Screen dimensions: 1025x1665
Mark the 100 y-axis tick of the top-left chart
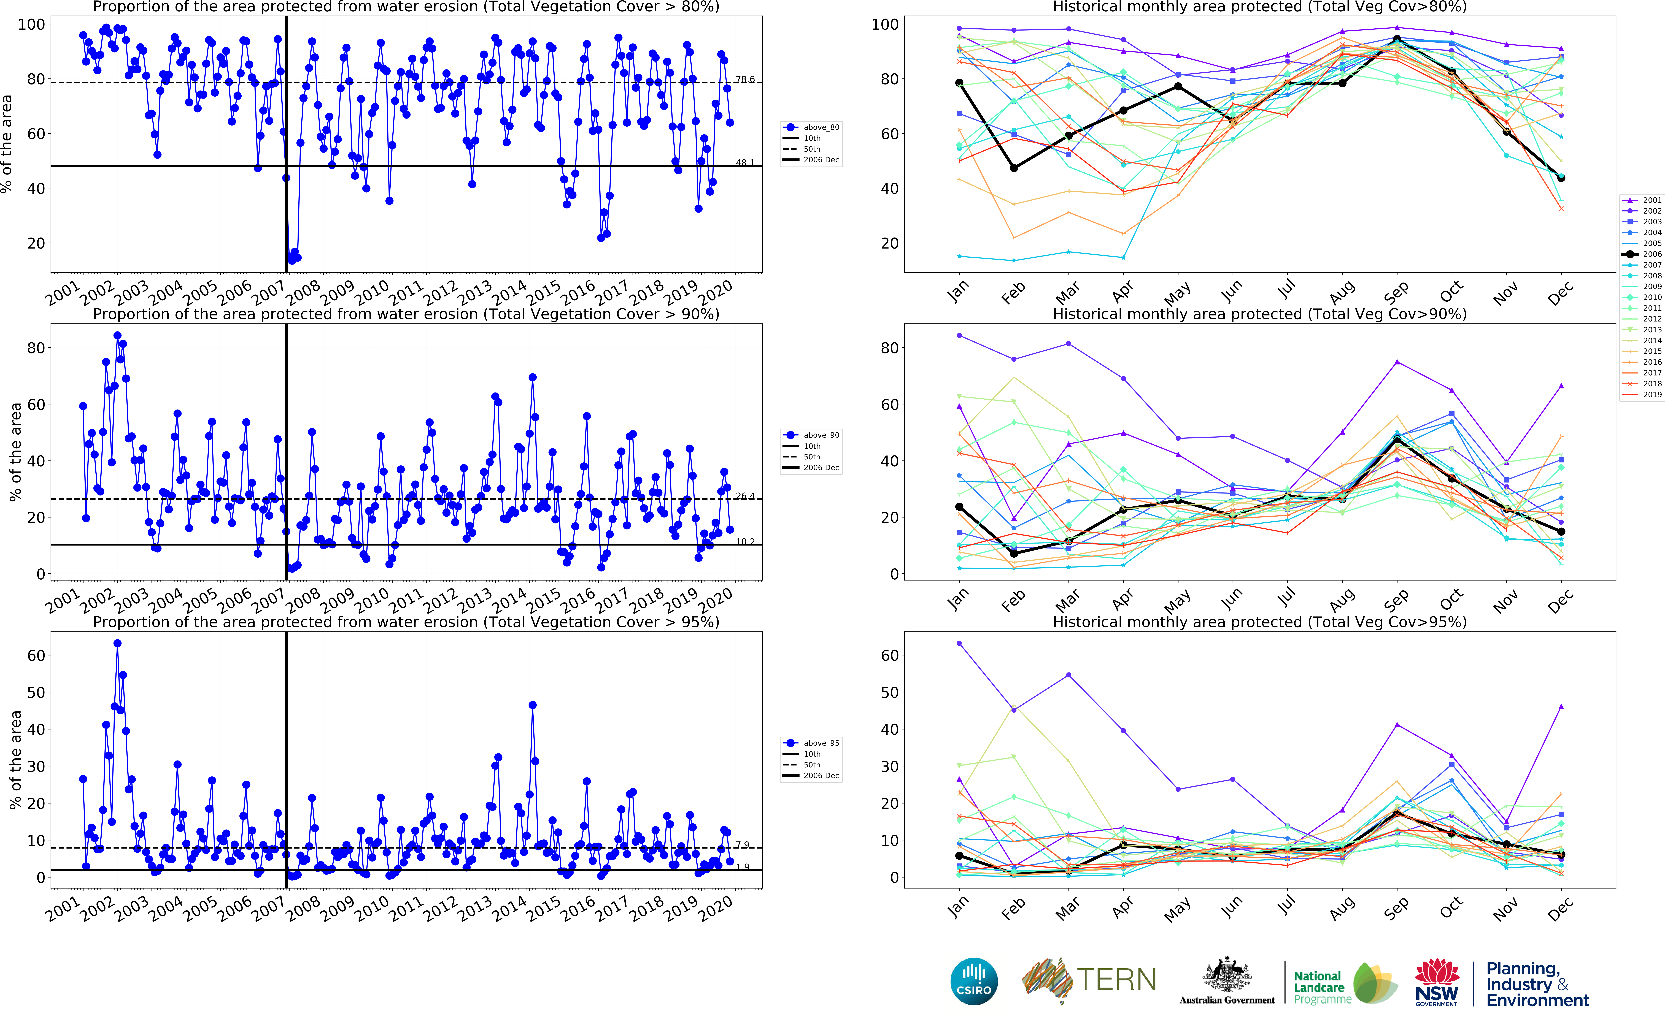[31, 24]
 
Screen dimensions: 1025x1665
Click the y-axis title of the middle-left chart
[15, 451]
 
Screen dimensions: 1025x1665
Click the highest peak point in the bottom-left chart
[117, 643]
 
